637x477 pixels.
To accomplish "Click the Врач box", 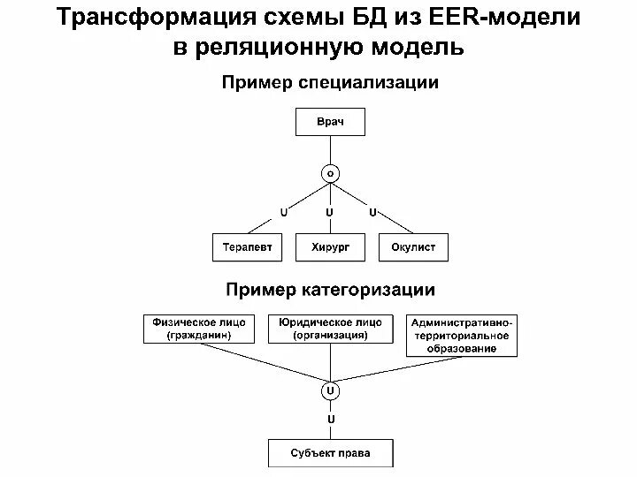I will (329, 121).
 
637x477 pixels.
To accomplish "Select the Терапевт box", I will (247, 247).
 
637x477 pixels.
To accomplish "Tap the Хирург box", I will (330, 247).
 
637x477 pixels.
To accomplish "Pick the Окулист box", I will (413, 247).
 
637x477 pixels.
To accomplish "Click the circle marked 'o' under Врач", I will (330, 174).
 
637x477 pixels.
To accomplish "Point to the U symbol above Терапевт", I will (283, 213).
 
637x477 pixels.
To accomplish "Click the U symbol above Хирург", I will (330, 213).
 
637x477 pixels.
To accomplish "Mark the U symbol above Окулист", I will (372, 213).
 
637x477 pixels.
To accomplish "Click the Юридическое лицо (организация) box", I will (329, 329).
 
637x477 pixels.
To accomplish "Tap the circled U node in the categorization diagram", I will (330, 389).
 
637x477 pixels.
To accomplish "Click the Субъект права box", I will (330, 454).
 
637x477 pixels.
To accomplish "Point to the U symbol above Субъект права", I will (330, 418).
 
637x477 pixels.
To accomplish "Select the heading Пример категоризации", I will (330, 290).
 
